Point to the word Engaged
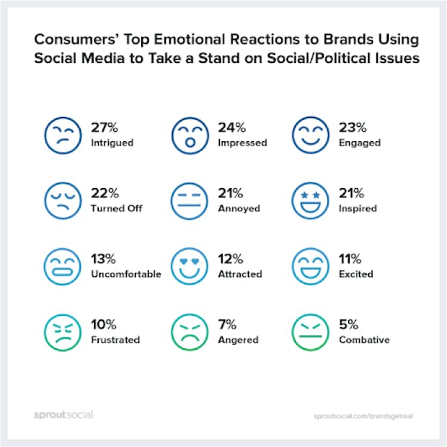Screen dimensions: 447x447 click(x=359, y=143)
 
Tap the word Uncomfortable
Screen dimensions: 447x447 click(x=126, y=274)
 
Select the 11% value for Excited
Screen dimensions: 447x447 click(x=350, y=258)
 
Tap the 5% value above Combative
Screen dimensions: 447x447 click(x=349, y=324)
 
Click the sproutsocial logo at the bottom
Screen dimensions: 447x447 click(x=64, y=415)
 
